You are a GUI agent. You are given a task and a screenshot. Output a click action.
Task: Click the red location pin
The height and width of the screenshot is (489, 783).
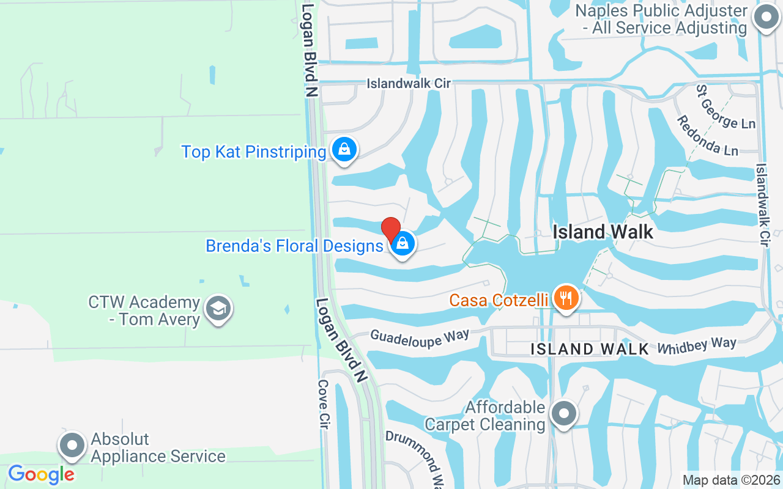tap(391, 230)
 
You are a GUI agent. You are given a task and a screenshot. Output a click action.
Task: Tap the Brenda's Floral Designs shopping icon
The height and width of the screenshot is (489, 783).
tap(403, 244)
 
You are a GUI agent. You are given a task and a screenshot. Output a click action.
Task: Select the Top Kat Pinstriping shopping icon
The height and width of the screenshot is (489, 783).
tap(344, 149)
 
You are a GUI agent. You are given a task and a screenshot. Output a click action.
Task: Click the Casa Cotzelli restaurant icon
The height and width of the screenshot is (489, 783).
tap(566, 298)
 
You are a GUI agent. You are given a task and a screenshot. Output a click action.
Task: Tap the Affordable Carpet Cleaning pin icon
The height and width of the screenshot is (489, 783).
tap(564, 414)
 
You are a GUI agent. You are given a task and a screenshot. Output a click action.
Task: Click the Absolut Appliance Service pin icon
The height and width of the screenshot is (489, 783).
tap(72, 446)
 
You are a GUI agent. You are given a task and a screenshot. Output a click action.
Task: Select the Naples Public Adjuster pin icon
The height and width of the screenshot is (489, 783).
tap(765, 18)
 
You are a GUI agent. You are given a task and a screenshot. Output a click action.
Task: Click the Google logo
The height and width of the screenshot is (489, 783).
tap(41, 474)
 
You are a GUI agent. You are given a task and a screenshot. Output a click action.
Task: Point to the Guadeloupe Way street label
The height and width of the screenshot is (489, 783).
tap(420, 337)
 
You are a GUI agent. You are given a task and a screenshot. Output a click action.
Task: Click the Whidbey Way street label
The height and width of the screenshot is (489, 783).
tap(696, 345)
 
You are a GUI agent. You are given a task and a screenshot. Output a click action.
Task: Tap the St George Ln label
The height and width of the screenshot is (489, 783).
tap(725, 106)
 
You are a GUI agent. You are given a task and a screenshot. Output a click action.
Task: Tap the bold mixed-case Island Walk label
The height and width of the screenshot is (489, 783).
tap(603, 232)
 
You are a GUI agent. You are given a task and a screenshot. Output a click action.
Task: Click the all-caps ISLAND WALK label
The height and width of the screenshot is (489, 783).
tap(589, 349)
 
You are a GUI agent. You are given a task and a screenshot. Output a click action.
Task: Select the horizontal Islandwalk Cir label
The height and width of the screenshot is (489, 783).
tap(409, 83)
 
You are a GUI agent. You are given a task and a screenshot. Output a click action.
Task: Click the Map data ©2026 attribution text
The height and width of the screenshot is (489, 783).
tap(731, 480)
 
